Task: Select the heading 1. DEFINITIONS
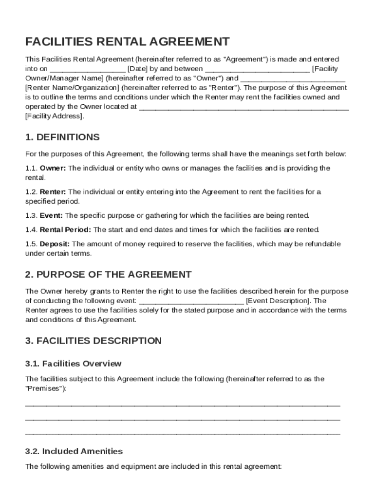click(x=62, y=137)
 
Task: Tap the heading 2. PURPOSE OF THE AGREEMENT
click(x=108, y=274)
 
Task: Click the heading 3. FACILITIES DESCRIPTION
click(x=93, y=341)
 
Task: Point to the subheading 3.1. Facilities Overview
click(x=73, y=364)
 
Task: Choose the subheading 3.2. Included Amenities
click(x=74, y=451)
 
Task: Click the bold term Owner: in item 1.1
click(x=53, y=168)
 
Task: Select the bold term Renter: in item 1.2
click(x=53, y=192)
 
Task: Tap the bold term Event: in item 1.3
click(x=51, y=215)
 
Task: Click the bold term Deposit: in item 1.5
click(x=55, y=244)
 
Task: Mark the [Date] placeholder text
click(x=138, y=69)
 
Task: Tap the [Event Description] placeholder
click(x=278, y=301)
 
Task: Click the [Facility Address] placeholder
click(x=55, y=116)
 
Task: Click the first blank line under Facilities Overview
click(x=183, y=405)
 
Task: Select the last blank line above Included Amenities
click(x=183, y=433)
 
